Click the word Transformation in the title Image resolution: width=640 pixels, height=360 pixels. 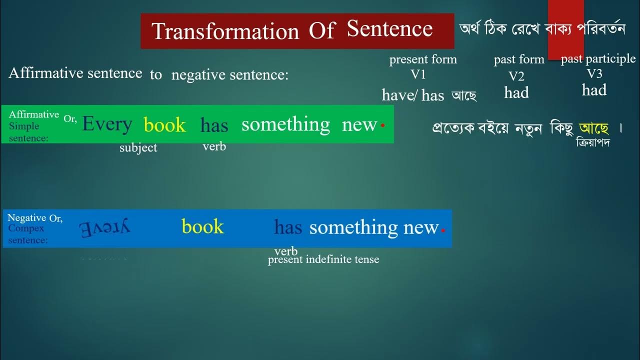[225, 31]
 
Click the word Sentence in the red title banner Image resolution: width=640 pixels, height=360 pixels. [389, 29]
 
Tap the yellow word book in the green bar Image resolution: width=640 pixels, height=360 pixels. [164, 125]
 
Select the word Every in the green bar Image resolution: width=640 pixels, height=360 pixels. [107, 124]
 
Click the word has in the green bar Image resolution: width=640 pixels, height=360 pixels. [214, 125]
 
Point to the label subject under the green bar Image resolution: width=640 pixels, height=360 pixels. [138, 148]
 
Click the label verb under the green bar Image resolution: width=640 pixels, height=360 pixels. [214, 146]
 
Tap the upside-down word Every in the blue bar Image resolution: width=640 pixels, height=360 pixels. [104, 227]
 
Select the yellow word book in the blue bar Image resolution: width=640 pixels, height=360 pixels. [202, 226]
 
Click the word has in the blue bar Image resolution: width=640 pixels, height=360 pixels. [288, 228]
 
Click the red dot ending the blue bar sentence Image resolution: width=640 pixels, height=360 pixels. [443, 230]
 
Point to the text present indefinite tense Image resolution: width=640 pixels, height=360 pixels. [323, 259]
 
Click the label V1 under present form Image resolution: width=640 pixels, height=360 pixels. [418, 74]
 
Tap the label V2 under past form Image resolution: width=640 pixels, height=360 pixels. [516, 76]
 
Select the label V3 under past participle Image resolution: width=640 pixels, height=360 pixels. [594, 74]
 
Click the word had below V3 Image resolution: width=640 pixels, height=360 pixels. [594, 90]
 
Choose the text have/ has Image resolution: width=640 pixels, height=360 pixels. [413, 95]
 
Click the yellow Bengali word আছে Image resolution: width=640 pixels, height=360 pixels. [593, 128]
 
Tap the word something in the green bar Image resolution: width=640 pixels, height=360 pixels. [285, 124]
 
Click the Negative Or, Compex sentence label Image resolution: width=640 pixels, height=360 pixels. [34, 229]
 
